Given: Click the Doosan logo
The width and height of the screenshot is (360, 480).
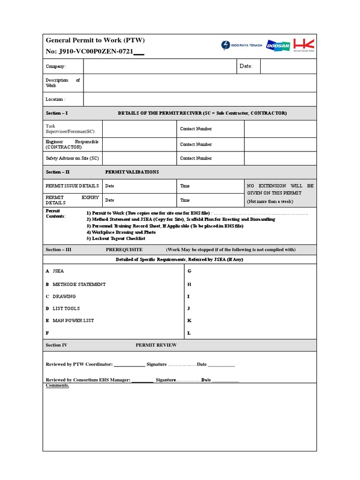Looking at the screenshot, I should pos(278,45).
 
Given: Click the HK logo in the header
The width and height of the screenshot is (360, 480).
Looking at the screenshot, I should pos(304,45).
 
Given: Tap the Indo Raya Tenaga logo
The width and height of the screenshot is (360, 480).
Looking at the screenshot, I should pos(242,45).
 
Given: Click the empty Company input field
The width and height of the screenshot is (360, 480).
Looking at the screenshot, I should pos(159,67).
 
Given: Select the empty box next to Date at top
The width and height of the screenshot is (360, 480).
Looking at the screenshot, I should pos(288,67).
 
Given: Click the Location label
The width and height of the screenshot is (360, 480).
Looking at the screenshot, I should pos(55,99).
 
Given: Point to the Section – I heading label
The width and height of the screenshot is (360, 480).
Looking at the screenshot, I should pos(57,113).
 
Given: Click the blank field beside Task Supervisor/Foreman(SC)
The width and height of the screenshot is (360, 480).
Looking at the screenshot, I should pos(139,129).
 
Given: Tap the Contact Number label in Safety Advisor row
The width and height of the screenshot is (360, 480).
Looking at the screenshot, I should pos(196,158).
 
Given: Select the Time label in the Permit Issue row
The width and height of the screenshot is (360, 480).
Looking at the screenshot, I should pos(185,186).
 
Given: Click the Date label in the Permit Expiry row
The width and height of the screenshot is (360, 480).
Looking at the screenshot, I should pos(110,200).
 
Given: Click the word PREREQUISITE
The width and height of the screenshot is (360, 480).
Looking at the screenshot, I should pos(124,250).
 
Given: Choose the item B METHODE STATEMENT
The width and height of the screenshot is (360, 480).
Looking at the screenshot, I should pos(76,285).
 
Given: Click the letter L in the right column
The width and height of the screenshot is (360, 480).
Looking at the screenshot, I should pos(189,333).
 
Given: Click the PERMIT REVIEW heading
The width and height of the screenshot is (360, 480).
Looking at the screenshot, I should pos(156,345).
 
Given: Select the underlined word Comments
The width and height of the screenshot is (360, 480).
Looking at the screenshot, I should pos(57,385).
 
